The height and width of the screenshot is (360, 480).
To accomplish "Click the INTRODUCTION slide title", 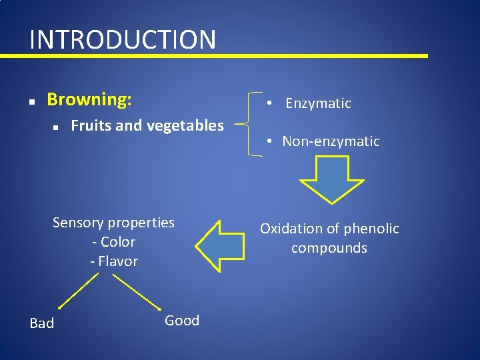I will coord(123,39).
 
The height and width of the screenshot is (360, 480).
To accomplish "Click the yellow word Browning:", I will coord(89,100).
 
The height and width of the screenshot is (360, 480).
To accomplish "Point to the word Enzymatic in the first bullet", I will coord(318,103).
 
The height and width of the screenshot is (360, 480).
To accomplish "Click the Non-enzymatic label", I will coord(331,141).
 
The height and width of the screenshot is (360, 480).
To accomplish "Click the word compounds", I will coord(329,248).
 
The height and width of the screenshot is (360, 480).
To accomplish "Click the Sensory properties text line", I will coord(113,223).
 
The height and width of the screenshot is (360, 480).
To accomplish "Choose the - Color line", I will coord(113,242).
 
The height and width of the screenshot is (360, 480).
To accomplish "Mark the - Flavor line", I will coord(113,261).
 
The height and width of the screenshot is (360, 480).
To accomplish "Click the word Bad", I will coord(42,323).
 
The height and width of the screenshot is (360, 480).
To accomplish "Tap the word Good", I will coord(182,321).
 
